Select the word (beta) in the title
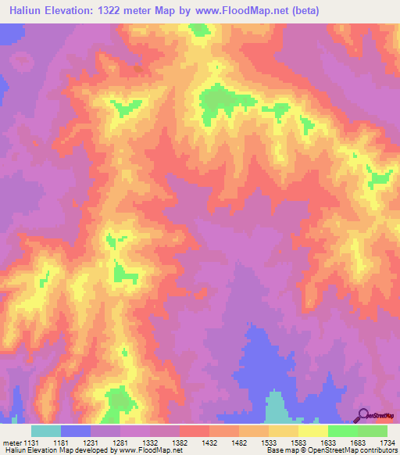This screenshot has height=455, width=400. [x=302, y=12]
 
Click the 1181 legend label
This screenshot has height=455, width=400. [x=61, y=442]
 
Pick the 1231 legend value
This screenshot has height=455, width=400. [x=91, y=442]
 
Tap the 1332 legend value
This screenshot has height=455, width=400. [x=150, y=442]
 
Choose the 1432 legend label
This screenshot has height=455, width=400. [x=209, y=442]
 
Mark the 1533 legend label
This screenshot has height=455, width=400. [x=269, y=442]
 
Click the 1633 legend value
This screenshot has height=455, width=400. [x=328, y=442]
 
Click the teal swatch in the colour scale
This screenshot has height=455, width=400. [x=46, y=431]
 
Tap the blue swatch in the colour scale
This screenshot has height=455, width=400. [x=76, y=431]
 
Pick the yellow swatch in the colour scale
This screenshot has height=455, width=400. [x=313, y=431]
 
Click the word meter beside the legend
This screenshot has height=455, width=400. [x=11, y=442]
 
